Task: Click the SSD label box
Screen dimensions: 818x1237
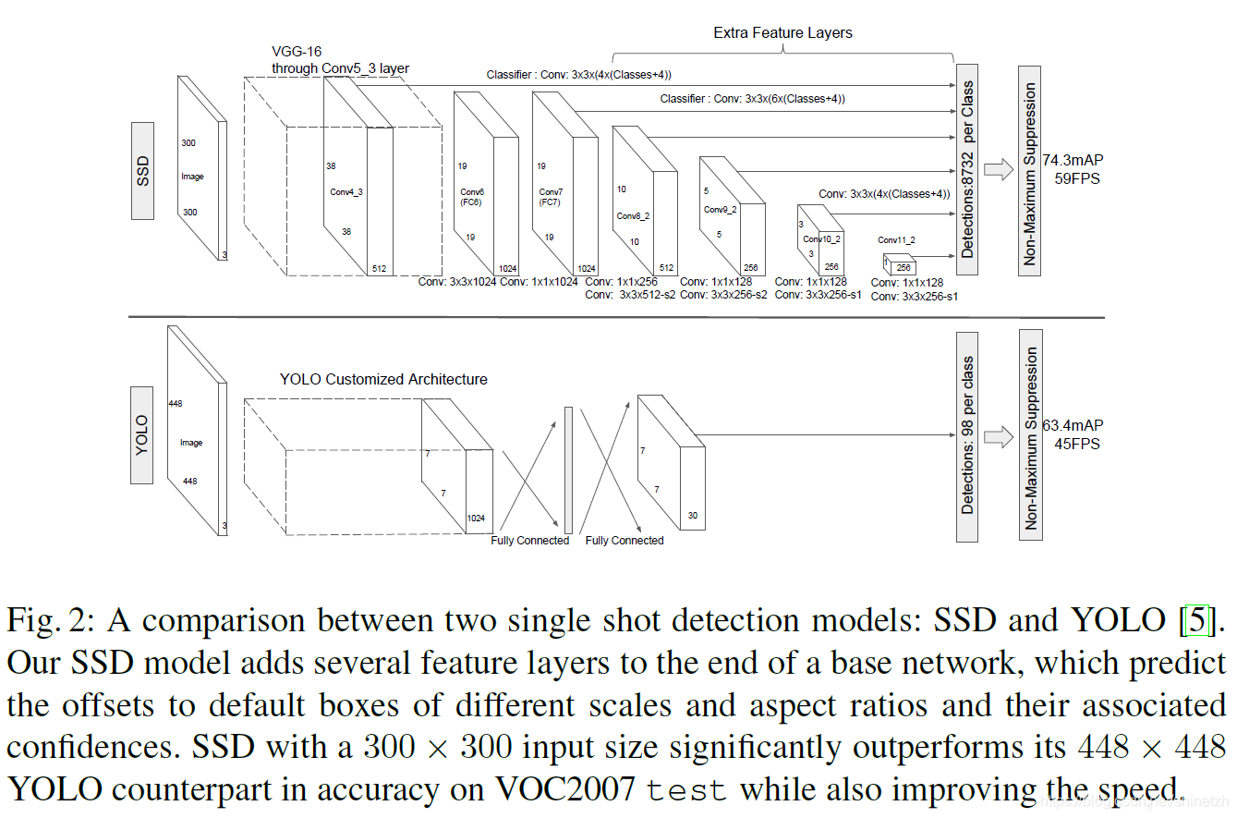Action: tap(142, 171)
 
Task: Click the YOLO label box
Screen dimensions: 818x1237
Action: tap(142, 435)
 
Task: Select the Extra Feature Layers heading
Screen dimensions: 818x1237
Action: tap(782, 32)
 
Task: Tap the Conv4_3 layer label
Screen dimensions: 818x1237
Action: tap(346, 192)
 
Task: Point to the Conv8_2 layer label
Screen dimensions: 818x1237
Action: tap(634, 216)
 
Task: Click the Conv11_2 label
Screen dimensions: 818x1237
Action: tap(895, 239)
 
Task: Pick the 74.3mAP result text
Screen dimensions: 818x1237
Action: tap(1073, 160)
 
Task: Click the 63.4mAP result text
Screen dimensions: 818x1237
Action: tap(1073, 425)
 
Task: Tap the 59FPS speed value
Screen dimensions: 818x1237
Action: tap(1077, 177)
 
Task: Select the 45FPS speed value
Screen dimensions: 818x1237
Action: tap(1077, 443)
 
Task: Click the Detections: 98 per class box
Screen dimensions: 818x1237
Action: tap(967, 435)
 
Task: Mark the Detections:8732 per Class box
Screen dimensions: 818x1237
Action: tap(967, 169)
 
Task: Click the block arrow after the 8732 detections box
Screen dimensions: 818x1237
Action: tap(999, 169)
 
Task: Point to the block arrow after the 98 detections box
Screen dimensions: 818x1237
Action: tap(999, 435)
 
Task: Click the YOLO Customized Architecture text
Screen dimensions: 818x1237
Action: tap(383, 379)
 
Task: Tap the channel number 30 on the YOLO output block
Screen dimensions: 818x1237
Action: tap(693, 515)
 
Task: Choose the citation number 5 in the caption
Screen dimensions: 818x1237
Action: tap(1196, 620)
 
